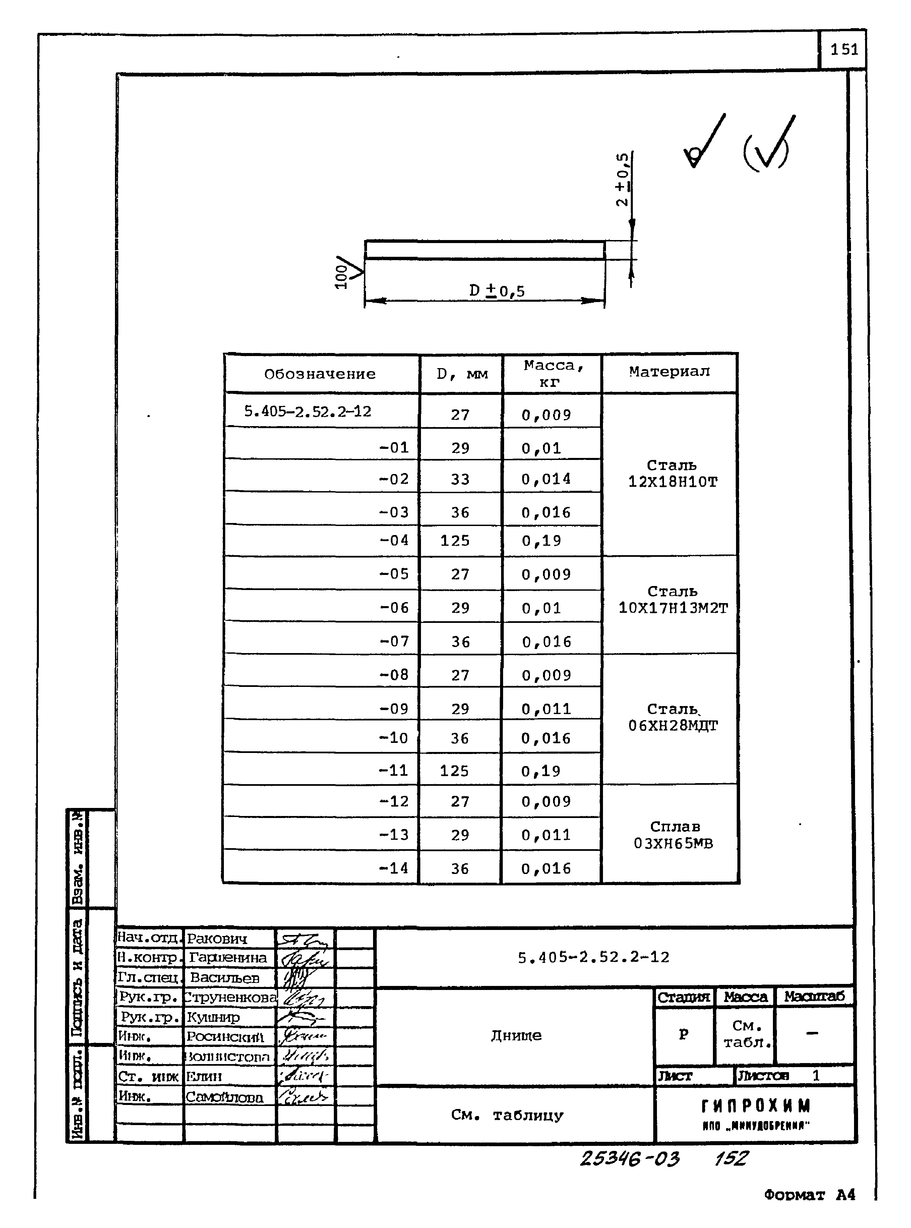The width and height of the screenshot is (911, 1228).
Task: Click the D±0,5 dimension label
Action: click(496, 291)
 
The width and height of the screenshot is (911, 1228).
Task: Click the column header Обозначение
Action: click(320, 374)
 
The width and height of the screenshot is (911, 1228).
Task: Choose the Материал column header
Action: click(669, 372)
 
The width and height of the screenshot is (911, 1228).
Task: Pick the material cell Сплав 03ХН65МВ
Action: click(674, 835)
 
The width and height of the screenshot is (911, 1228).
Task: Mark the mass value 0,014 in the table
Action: click(546, 479)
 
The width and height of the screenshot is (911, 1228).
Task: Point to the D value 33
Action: click(460, 479)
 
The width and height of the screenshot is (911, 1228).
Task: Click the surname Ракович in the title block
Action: click(217, 938)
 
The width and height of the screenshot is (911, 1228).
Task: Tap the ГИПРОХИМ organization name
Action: click(755, 1106)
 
